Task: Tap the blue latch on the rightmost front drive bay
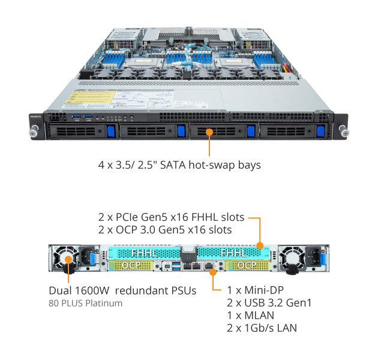[x=320, y=131]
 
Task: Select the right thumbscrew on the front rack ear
[x=343, y=130]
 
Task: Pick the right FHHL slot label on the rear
[x=233, y=254]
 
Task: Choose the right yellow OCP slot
[x=245, y=265]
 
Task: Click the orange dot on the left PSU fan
[x=68, y=260]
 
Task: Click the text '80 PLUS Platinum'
[x=85, y=304]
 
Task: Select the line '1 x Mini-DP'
[x=255, y=291]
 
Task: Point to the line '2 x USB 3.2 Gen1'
[x=269, y=304]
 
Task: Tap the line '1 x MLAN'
[x=251, y=316]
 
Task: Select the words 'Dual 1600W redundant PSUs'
[x=122, y=291]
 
